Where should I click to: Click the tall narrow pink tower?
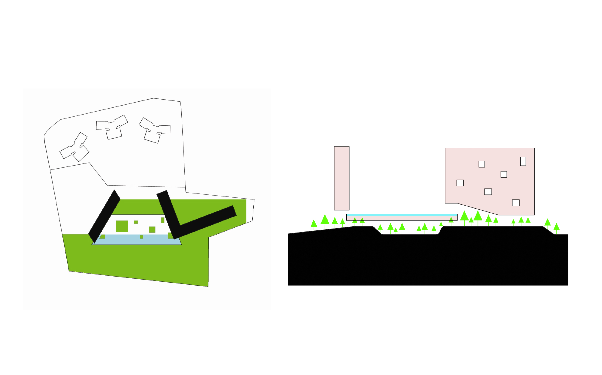coord(341,178)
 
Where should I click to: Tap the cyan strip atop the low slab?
coord(402,215)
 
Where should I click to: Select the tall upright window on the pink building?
coord(523,161)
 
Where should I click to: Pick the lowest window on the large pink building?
coord(516,202)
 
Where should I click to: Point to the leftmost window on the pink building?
coord(460,183)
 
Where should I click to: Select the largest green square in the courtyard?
coord(122,226)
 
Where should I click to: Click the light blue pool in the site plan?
coord(135,240)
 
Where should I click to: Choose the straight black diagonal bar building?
coord(104,216)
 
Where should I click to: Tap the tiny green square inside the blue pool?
coord(141,237)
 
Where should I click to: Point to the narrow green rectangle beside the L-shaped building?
coord(163,220)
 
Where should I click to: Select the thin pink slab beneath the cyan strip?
coord(402,218)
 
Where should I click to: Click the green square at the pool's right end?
coord(170,235)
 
